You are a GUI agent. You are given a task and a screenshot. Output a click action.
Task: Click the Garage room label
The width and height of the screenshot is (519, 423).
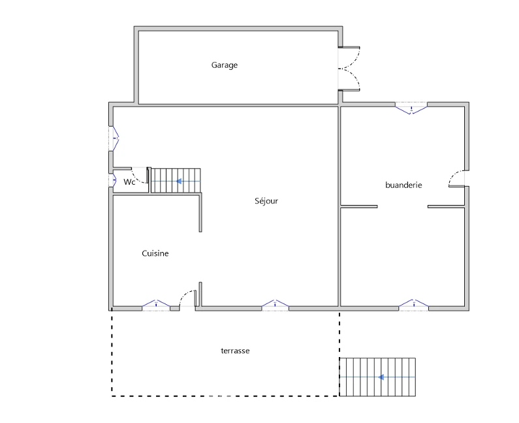point(225,65)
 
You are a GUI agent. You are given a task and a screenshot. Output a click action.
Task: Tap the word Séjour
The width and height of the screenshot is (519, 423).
point(266,201)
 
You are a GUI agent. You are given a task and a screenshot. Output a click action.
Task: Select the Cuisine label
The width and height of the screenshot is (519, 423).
point(155,253)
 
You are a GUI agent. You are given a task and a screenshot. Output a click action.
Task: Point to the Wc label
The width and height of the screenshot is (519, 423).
point(129,181)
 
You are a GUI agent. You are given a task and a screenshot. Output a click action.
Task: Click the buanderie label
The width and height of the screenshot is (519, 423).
point(403,185)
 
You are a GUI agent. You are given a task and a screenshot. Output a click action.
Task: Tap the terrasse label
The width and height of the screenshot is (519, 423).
point(235,351)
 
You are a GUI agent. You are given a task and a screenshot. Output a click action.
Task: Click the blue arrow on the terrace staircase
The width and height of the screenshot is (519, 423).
point(381,377)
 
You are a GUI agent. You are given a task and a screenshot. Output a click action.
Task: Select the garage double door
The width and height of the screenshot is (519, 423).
point(349,69)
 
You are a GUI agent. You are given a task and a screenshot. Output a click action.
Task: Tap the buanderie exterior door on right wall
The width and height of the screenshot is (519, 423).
point(457,179)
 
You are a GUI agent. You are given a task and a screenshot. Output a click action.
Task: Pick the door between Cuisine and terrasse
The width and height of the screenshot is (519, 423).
point(187,299)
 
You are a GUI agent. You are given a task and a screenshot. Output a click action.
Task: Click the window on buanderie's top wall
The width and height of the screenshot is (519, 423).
point(411,108)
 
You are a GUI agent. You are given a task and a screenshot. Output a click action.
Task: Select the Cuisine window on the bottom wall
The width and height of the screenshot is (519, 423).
point(156,304)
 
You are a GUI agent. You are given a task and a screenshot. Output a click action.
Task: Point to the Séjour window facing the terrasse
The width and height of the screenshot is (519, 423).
point(275,304)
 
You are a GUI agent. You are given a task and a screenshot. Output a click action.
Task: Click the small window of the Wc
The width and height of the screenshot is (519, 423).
point(112,180)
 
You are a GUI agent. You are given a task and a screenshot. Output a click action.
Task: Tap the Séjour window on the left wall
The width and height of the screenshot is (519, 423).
point(114,138)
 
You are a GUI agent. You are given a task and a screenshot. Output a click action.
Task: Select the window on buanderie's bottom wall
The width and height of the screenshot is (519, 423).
point(413,304)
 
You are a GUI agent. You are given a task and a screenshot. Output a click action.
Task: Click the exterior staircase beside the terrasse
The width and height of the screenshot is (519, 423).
point(377,377)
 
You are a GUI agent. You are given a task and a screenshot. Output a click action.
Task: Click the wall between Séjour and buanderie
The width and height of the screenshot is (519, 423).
point(339,206)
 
